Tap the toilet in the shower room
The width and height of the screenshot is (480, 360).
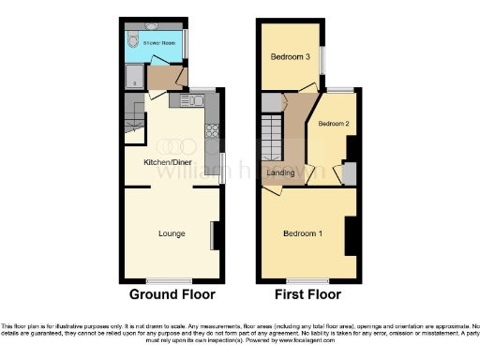tap(132, 41)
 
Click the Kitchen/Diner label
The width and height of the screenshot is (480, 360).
tap(164, 162)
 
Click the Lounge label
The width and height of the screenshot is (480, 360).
tap(171, 233)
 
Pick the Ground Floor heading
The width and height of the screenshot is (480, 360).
tap(172, 294)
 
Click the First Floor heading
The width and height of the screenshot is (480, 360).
tap(308, 294)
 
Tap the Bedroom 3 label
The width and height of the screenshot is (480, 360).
tap(291, 56)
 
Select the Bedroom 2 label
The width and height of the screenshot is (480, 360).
tap(333, 124)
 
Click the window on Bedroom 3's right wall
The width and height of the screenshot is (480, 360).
tap(324, 62)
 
